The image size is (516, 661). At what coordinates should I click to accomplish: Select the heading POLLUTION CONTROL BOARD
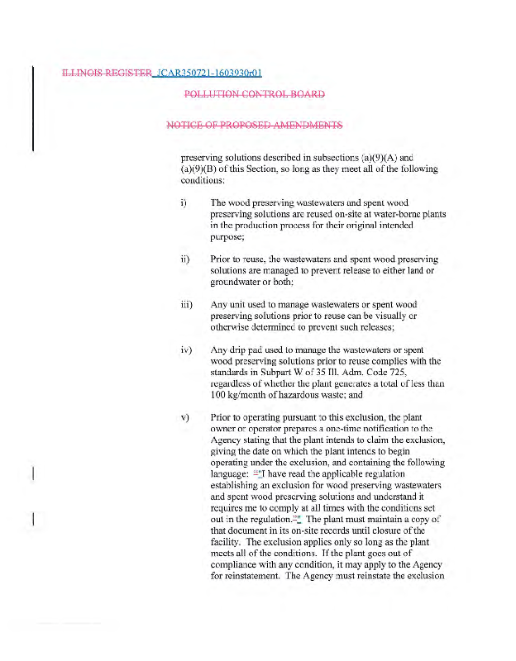[255, 93]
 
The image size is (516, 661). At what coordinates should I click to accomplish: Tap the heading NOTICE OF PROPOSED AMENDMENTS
[255, 126]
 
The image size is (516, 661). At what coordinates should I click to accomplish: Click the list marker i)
[184, 202]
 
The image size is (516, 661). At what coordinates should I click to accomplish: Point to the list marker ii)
[184, 259]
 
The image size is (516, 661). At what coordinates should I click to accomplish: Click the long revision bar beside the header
[33, 107]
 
